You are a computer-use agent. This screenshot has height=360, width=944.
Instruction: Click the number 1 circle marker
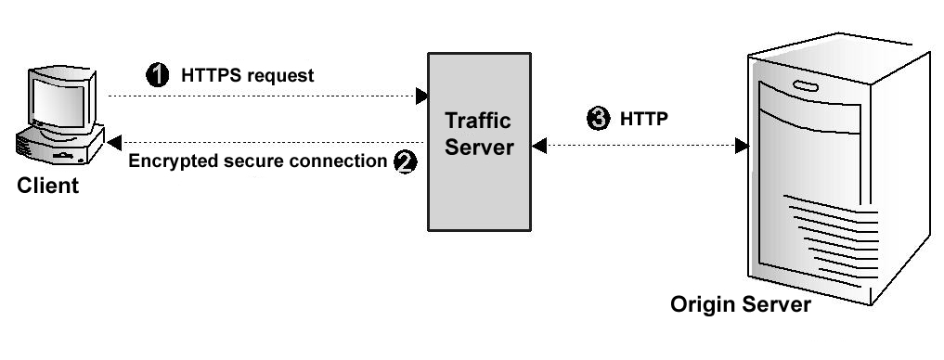pyautogui.click(x=159, y=75)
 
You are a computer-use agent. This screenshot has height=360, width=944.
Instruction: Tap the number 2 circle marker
pyautogui.click(x=405, y=161)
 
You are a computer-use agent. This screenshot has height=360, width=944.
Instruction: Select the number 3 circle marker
pyautogui.click(x=600, y=119)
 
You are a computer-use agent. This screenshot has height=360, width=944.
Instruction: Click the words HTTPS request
pyautogui.click(x=248, y=76)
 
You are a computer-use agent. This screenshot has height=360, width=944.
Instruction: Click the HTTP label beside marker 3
pyautogui.click(x=644, y=119)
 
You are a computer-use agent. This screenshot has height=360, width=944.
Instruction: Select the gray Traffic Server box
pyautogui.click(x=479, y=186)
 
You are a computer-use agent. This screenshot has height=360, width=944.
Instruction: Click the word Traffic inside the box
pyautogui.click(x=478, y=122)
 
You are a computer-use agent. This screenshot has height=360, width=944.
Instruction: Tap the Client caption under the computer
pyautogui.click(x=48, y=186)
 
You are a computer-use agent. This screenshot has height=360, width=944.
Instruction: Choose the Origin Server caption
pyautogui.click(x=742, y=304)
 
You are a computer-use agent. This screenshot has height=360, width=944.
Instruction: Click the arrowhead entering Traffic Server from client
pyautogui.click(x=421, y=96)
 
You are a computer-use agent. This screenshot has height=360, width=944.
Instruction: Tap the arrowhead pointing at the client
pyautogui.click(x=113, y=142)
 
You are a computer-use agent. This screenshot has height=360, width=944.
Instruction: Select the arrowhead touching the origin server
pyautogui.click(x=742, y=146)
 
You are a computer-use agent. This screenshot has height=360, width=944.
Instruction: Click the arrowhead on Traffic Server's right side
pyautogui.click(x=538, y=146)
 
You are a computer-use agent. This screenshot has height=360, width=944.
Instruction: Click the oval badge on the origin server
pyautogui.click(x=806, y=86)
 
